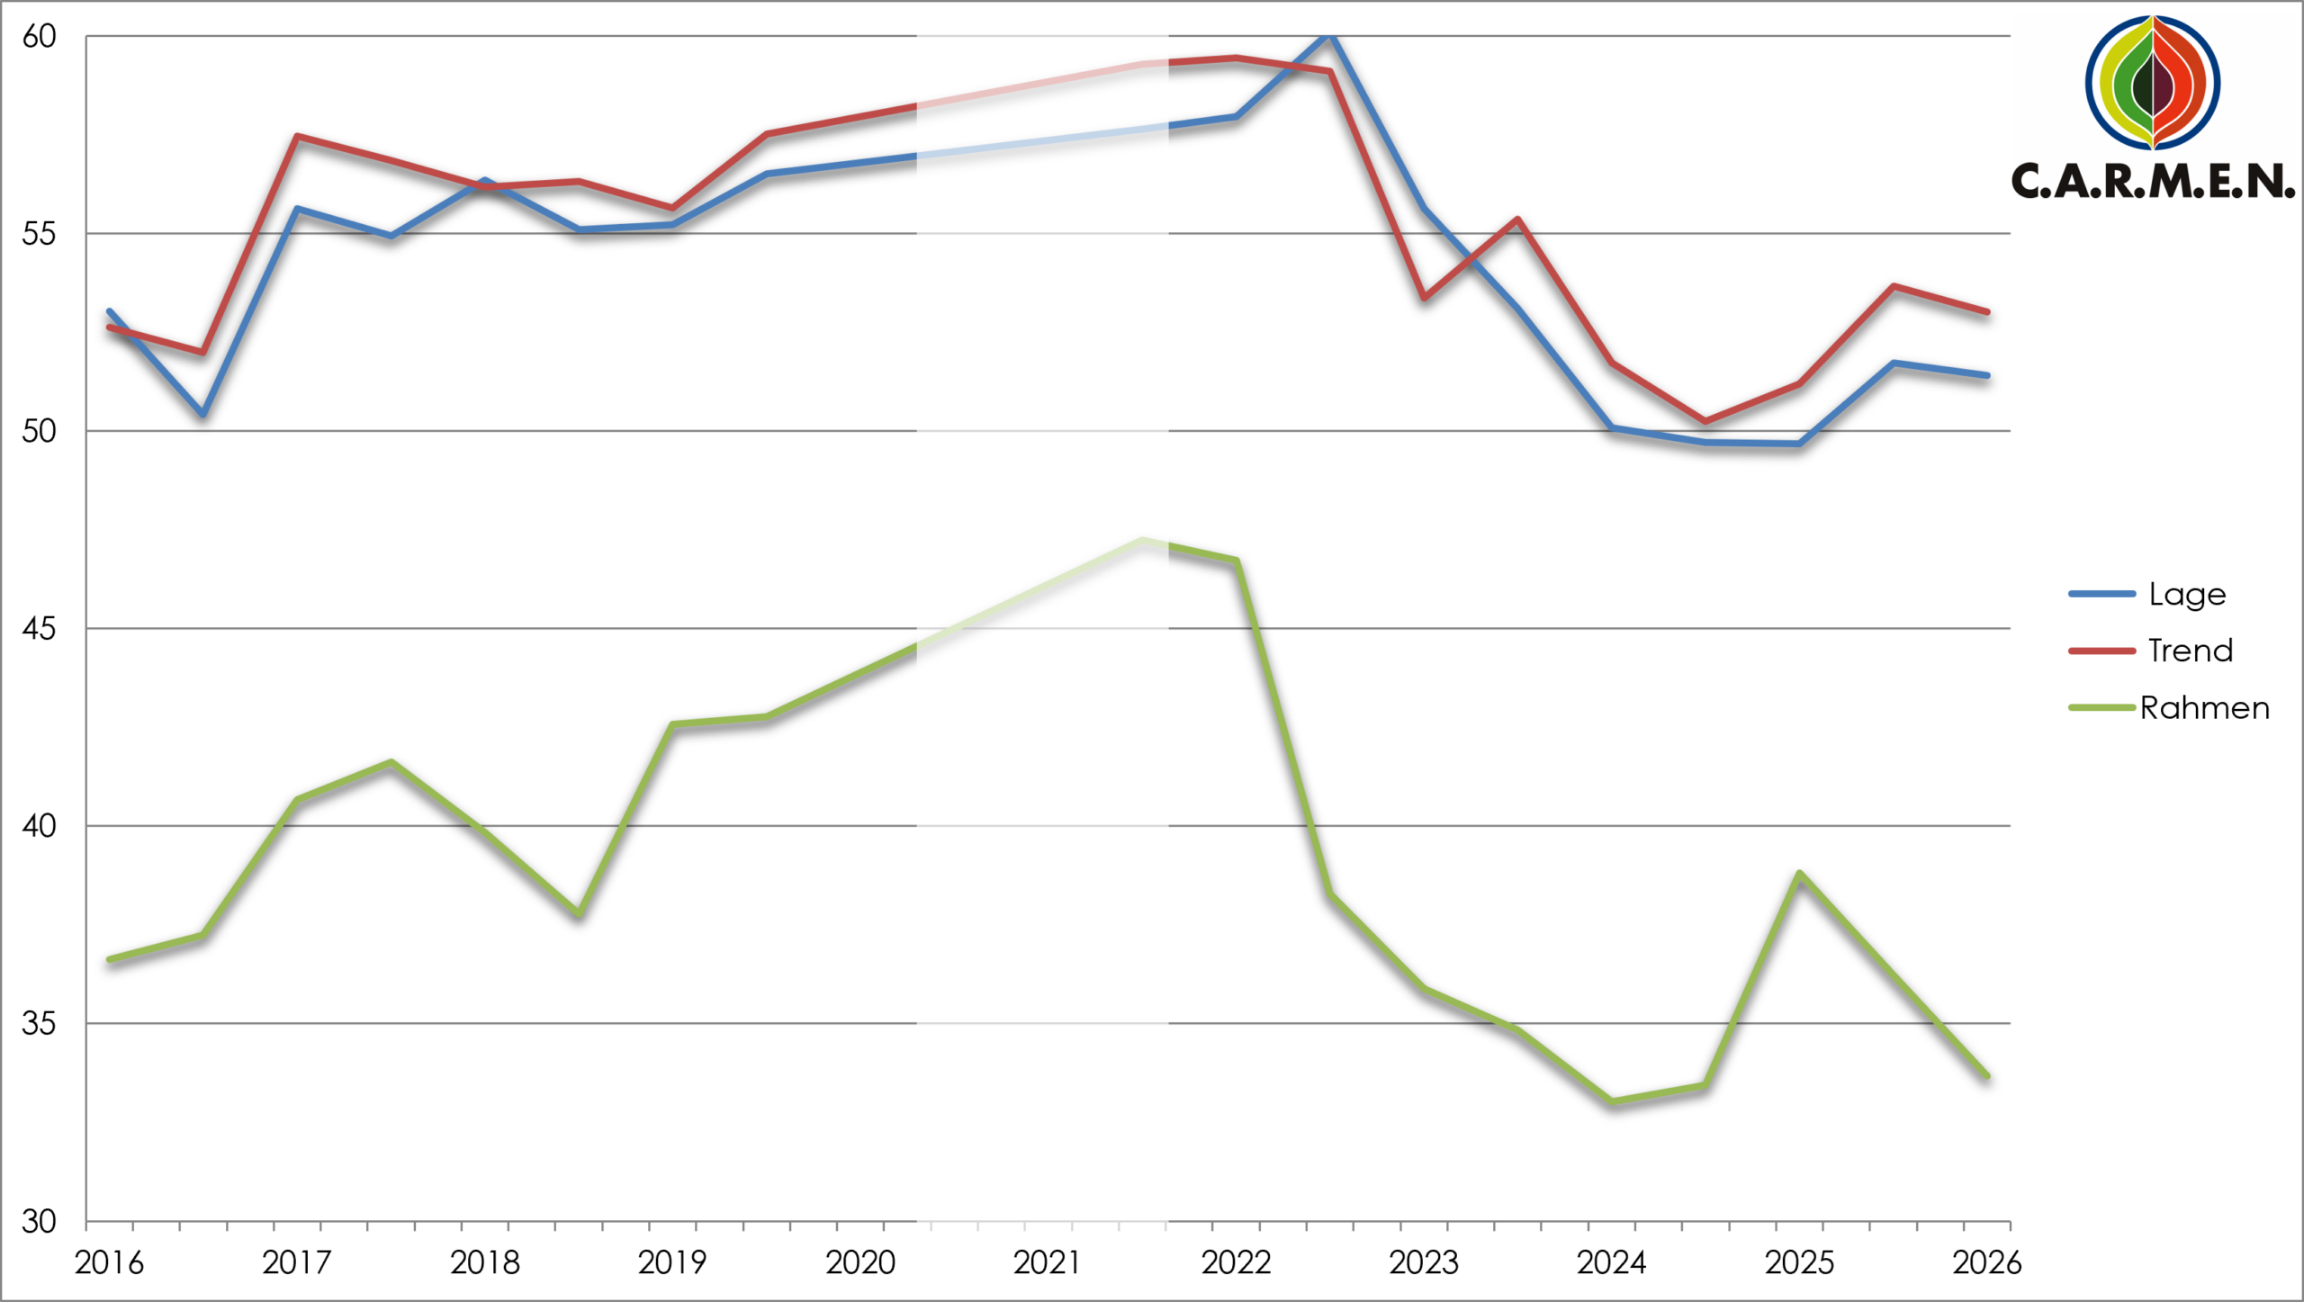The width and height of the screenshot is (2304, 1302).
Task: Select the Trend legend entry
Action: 2151,651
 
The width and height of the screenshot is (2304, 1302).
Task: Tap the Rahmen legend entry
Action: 2169,708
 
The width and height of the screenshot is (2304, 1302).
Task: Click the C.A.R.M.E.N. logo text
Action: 2153,181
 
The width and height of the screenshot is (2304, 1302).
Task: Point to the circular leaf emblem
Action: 2153,82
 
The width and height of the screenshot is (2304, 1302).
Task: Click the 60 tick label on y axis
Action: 39,37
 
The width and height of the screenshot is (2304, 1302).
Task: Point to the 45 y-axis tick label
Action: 39,629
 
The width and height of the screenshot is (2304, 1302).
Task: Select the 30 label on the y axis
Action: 39,1222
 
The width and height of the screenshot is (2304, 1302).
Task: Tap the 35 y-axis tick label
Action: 39,1024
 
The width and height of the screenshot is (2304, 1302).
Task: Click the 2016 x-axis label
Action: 109,1263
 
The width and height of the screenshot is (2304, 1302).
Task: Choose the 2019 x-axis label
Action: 672,1263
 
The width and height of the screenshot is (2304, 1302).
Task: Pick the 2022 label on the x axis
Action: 1236,1263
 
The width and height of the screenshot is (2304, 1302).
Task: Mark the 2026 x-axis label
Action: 1987,1263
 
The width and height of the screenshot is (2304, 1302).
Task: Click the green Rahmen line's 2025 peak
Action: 1798,874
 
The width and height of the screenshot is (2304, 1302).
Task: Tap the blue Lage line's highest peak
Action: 1329,34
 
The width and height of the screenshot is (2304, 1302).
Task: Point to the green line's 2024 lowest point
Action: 1611,1101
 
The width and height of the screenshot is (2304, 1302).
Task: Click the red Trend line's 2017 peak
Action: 297,137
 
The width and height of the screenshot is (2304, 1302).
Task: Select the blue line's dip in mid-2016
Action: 203,414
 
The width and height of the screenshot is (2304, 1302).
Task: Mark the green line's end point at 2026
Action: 1986,1075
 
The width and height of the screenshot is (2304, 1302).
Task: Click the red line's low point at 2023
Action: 1424,298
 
